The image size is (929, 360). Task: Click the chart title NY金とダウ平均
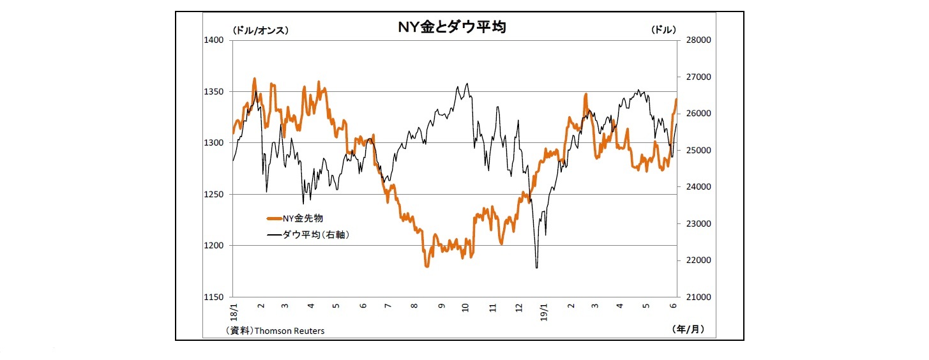click(452, 27)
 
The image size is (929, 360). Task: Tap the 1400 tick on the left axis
click(213, 40)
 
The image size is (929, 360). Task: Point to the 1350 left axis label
click(213, 92)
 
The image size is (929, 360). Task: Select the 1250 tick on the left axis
click(213, 195)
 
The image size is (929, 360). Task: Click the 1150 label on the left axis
click(213, 297)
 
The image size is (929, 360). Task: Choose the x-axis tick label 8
click(414, 307)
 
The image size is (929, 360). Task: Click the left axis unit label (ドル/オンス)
click(261, 30)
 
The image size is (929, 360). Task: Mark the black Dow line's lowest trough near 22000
click(536, 267)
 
